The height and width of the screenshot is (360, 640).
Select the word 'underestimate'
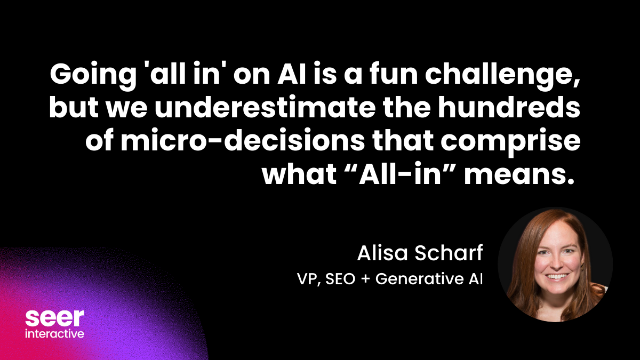(x=265, y=108)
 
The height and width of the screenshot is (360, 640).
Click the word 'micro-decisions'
(x=243, y=141)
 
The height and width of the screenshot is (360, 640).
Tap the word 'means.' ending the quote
(x=519, y=175)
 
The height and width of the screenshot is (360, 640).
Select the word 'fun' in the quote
(x=389, y=75)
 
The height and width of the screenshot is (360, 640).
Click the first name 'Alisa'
(x=382, y=253)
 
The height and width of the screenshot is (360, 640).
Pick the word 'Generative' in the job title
(x=419, y=279)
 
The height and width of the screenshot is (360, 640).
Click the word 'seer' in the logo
(x=54, y=318)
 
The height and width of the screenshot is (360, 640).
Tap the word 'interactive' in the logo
(x=54, y=333)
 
